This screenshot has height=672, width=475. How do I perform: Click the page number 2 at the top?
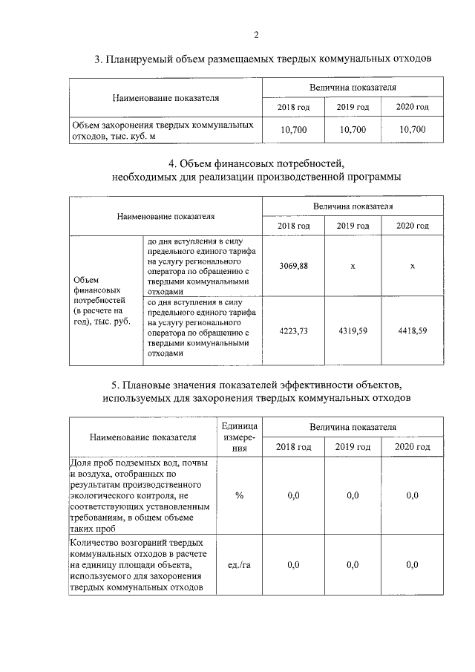coord(256,34)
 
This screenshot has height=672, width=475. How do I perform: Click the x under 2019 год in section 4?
coord(353,266)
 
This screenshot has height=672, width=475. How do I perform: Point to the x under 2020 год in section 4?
coord(413,266)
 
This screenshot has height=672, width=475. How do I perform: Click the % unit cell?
coord(239,495)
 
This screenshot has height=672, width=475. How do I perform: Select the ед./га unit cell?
coord(239,565)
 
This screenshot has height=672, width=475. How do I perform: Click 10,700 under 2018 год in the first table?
coord(293,130)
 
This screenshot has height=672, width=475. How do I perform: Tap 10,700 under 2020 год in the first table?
coord(413,130)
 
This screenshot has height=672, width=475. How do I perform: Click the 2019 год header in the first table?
coord(353,108)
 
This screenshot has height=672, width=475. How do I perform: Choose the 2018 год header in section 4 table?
coord(293,226)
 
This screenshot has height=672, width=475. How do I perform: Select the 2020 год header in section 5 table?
coord(413,447)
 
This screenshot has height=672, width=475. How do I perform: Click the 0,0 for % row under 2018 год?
coord(293,495)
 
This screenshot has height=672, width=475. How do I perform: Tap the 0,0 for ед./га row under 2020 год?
coord(413,565)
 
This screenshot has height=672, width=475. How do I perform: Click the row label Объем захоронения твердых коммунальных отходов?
coord(163,130)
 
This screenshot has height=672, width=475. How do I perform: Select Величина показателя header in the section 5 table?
coord(353,428)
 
